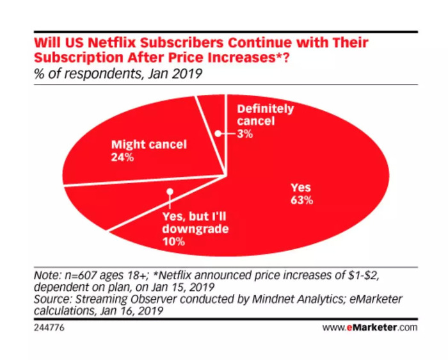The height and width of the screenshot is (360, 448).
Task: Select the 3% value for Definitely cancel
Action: pos(246,134)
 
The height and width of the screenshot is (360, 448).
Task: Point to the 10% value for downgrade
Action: pos(173,241)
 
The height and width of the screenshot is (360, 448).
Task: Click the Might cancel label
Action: pos(148,145)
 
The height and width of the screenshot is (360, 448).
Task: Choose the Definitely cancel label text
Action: pos(265,115)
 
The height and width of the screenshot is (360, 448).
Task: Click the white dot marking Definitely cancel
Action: pos(218,134)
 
